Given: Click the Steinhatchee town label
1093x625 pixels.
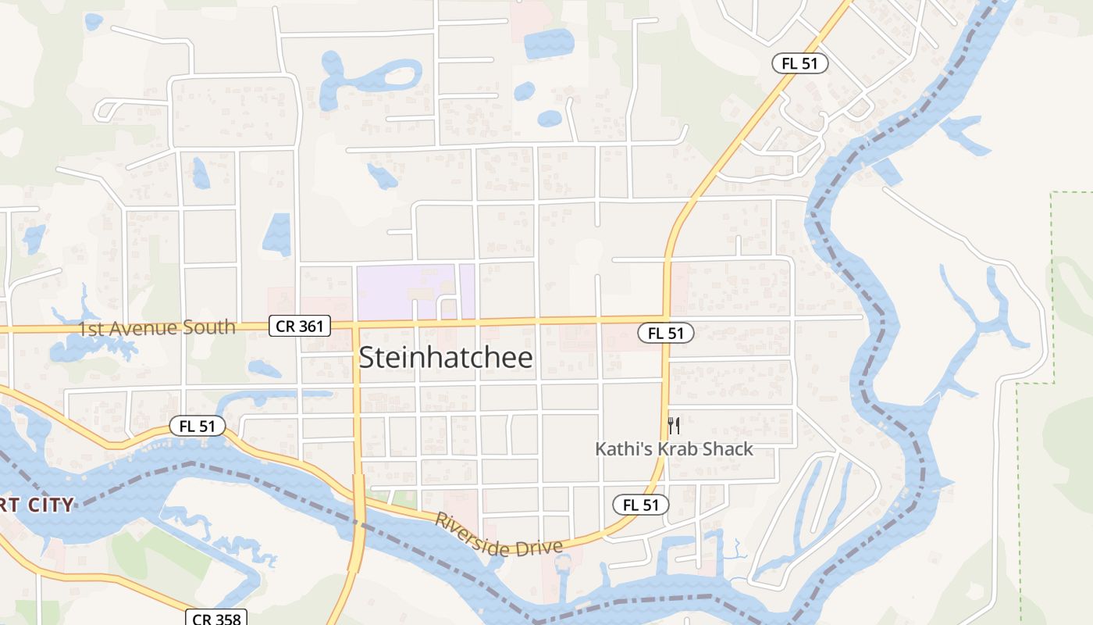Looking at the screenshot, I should [446, 358].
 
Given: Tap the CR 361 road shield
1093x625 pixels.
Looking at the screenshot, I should [300, 326].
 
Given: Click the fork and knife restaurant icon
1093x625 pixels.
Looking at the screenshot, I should [675, 426].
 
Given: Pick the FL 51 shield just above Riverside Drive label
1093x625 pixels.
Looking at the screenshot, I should [641, 505].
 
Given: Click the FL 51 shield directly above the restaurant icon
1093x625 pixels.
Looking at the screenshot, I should [666, 333].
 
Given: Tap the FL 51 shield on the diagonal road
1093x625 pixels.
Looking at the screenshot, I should [800, 63].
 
